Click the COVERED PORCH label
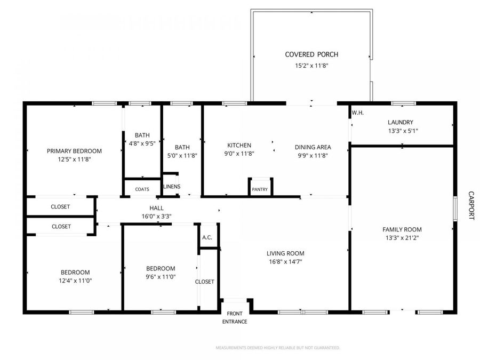point(311,54)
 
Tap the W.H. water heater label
point(357,113)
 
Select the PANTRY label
point(260,189)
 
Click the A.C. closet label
point(207,237)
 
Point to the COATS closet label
point(142,189)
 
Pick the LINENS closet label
point(172,187)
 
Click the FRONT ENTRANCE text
point(235,318)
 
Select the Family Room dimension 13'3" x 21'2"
point(402,238)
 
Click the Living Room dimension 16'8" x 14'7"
point(285,261)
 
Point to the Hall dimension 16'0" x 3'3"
point(156,216)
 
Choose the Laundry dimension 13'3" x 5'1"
point(403,131)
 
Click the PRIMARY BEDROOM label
point(74,151)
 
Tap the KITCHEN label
point(239,145)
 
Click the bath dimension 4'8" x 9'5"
point(142,143)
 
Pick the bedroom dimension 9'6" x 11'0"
point(161,277)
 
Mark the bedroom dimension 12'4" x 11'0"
point(75,281)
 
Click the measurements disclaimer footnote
point(277,348)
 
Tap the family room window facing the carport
point(455,208)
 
